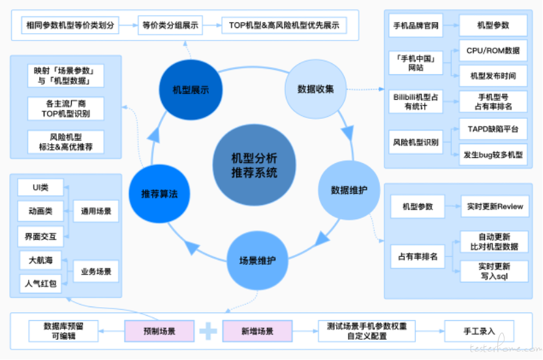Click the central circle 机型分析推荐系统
click(x=255, y=165)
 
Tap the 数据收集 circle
click(x=315, y=89)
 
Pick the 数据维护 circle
click(x=349, y=190)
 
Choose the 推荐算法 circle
click(x=159, y=194)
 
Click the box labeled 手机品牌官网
click(x=416, y=28)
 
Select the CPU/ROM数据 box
click(x=493, y=50)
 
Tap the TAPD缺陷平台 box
click(x=493, y=129)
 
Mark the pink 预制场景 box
click(x=159, y=331)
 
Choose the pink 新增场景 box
click(x=257, y=331)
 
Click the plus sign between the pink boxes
click(x=208, y=331)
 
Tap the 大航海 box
click(x=40, y=260)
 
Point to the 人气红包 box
click(x=40, y=284)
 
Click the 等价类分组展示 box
click(x=172, y=26)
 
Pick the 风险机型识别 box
click(x=416, y=142)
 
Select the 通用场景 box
click(x=96, y=211)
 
